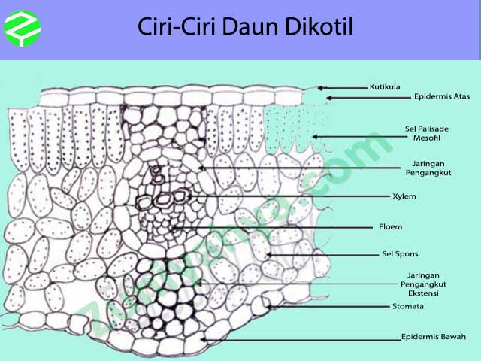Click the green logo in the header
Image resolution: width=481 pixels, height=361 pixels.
coord(23,29)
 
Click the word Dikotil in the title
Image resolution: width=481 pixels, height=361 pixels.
coord(318,27)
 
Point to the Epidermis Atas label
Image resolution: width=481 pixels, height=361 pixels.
coord(442,97)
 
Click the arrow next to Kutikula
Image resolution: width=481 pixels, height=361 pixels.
coord(342,87)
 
